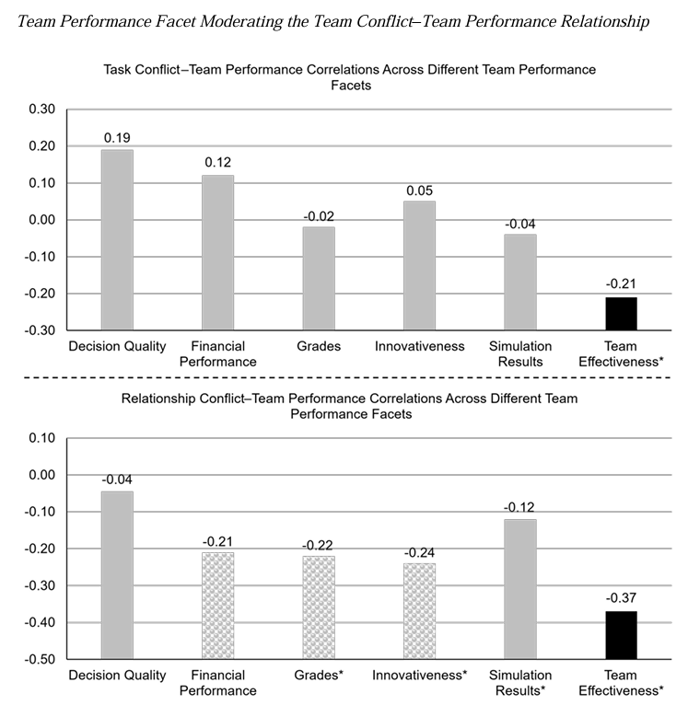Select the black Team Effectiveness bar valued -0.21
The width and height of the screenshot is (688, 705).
pos(621,313)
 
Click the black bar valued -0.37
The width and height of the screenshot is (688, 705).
pos(621,635)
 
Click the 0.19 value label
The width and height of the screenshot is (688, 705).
pos(117,138)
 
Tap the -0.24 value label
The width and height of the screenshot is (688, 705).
pos(419,552)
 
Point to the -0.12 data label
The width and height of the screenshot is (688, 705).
pos(520,507)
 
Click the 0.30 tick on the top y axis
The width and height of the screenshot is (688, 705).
pos(42,110)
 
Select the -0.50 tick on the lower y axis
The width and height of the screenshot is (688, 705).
pos(41,660)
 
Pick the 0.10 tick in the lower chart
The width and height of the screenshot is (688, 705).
pos(42,438)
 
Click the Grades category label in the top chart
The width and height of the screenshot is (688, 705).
pos(319,347)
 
